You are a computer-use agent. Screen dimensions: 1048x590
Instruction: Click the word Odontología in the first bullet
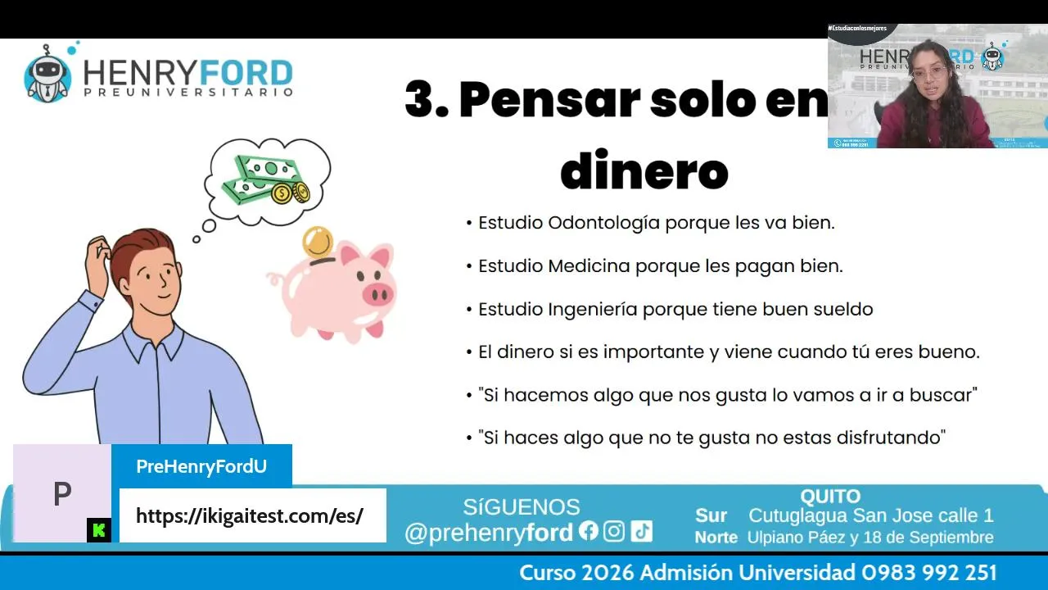[604, 224]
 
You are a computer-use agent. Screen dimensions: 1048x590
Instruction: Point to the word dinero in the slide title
[644, 170]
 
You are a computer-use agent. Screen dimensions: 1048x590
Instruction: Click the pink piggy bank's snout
[377, 294]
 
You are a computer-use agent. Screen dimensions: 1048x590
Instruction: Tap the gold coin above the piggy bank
[317, 242]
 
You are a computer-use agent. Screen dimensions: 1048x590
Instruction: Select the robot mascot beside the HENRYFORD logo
[47, 74]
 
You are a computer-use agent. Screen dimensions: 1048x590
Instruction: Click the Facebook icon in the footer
[588, 531]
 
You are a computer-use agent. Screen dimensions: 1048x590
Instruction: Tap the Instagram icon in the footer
[614, 532]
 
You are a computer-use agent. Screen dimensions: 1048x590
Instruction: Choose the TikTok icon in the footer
[641, 532]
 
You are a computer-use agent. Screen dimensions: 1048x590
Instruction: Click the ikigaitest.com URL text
[250, 516]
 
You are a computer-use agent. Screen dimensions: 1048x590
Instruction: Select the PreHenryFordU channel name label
[201, 466]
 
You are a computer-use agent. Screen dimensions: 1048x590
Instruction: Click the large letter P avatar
[62, 493]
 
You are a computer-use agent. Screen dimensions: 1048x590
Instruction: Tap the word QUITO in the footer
[830, 497]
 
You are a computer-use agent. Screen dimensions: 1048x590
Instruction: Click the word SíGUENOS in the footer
[522, 507]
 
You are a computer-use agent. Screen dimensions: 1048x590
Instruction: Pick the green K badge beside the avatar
[99, 530]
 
